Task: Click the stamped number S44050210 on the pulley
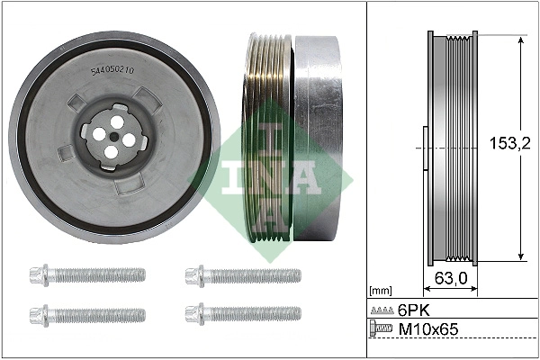[x=112, y=69]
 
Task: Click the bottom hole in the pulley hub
[x=110, y=152]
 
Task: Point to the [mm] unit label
[x=382, y=292]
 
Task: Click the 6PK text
[x=414, y=309]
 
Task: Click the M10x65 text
[x=427, y=330]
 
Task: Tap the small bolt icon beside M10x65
[x=382, y=331]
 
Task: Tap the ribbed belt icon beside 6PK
[x=382, y=309]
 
